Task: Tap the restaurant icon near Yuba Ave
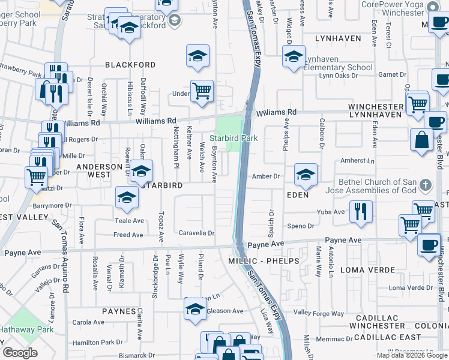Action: pos(361,211)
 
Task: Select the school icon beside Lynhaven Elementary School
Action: pos(294,58)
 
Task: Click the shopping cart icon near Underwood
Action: pos(202,91)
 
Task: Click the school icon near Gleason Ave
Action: pos(194,309)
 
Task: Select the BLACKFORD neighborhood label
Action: pos(130,65)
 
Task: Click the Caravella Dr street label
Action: pos(196,233)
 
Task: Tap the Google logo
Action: pos(20,353)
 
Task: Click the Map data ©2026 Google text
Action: pos(412,355)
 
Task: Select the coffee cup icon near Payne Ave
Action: pos(429,245)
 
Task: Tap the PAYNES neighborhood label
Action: pos(119,311)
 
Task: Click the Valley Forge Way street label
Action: pos(319,313)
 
